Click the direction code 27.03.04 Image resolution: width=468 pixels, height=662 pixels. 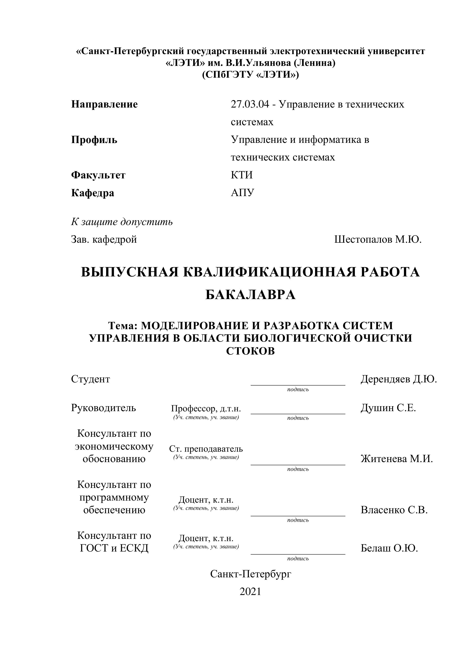(250, 104)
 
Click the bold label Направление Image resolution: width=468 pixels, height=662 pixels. (104, 104)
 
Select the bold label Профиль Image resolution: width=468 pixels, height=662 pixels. (94, 140)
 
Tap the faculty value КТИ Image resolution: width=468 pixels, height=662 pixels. (241, 175)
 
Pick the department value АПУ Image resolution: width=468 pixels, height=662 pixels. (242, 193)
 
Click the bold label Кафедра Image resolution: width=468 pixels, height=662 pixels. (93, 193)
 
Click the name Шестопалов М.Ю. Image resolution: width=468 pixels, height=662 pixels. (378, 239)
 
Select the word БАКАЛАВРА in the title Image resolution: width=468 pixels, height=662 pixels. (251, 295)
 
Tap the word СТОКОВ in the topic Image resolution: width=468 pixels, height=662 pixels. (251, 351)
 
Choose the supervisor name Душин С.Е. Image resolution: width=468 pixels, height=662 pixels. (388, 408)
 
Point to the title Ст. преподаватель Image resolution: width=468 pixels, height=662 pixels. (206, 449)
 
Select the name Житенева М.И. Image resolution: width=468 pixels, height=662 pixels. (397, 459)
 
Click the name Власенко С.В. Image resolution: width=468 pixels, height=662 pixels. (394, 510)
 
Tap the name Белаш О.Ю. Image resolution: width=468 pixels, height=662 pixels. (389, 548)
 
